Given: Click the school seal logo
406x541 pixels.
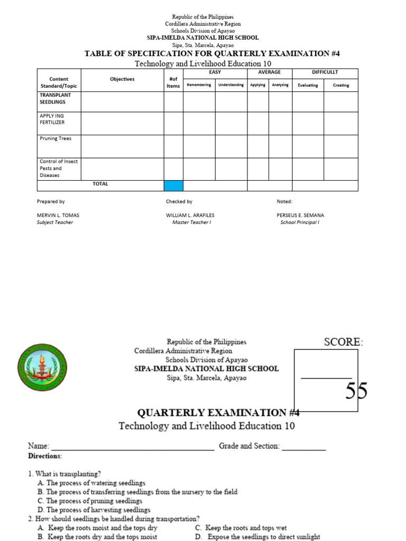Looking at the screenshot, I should click(42, 367).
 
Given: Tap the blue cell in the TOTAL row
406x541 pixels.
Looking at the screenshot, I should click(173, 185).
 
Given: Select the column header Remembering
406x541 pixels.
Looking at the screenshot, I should click(199, 85).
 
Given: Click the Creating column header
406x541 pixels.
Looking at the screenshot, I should click(340, 85).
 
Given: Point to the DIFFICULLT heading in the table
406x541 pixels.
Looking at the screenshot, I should click(325, 72).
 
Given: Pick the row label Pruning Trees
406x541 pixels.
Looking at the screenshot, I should click(56, 138).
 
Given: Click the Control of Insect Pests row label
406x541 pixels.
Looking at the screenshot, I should click(58, 168).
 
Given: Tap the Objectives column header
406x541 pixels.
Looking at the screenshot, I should click(122, 79).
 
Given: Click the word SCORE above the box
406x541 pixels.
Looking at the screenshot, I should click(343, 342).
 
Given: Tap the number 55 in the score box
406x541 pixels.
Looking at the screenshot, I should click(356, 391).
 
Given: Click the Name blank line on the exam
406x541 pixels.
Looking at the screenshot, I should click(132, 447).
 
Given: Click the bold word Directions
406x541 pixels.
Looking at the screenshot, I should click(44, 456).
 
